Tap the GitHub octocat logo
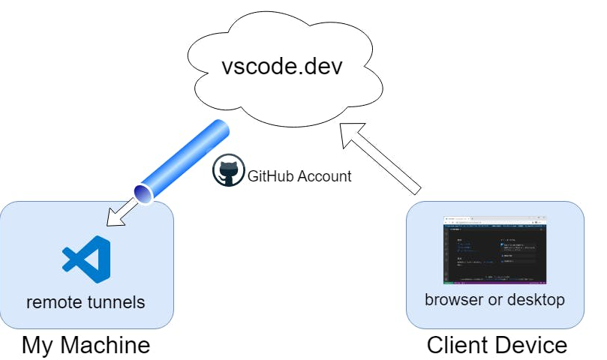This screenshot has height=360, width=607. click(x=227, y=172)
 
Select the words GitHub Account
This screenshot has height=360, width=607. click(x=299, y=176)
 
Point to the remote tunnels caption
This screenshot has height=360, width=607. click(x=86, y=303)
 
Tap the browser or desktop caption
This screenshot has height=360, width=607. click(x=494, y=300)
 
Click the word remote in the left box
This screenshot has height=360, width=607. click(x=51, y=303)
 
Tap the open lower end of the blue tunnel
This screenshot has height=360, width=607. click(x=142, y=193)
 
